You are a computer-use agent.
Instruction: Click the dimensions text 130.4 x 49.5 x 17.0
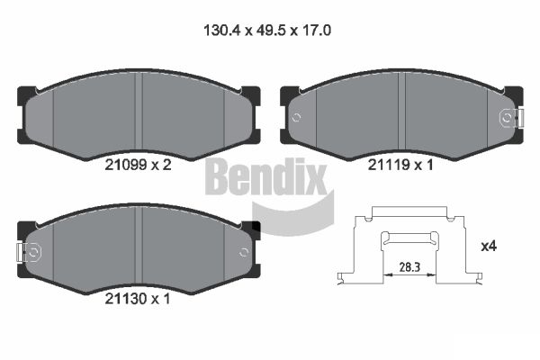click(267, 31)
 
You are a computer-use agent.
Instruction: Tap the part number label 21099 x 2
click(138, 166)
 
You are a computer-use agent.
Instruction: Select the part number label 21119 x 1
click(400, 166)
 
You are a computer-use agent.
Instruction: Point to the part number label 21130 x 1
click(138, 299)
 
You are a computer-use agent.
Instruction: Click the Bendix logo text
click(265, 176)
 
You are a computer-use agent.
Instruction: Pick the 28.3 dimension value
click(409, 267)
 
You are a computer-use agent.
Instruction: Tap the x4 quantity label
click(489, 247)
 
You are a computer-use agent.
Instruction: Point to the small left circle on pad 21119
click(296, 118)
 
